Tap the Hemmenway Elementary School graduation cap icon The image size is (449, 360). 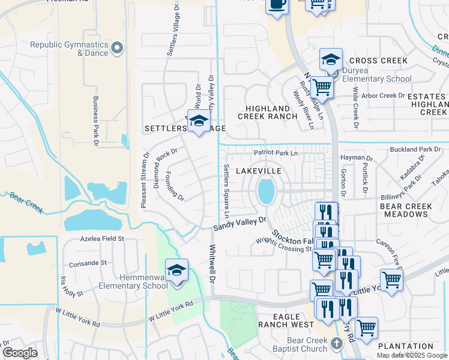click(x=176, y=271)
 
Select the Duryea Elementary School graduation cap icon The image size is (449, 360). click(x=331, y=60)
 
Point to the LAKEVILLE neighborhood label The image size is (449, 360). click(x=259, y=171)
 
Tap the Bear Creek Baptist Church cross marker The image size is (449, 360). click(x=337, y=343)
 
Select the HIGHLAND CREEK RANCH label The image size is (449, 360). click(x=268, y=112)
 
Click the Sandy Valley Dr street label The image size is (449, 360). click(x=240, y=224)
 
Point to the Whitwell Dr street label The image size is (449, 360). click(x=212, y=263)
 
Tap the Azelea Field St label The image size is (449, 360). click(x=102, y=238)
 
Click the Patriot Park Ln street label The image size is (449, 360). click(x=276, y=153)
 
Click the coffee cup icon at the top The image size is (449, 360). click(x=276, y=5)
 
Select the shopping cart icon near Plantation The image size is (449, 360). click(x=366, y=328)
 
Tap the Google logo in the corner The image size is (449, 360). click(x=20, y=353)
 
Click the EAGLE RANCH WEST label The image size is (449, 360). click(x=286, y=320)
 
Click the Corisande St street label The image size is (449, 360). click(x=88, y=263)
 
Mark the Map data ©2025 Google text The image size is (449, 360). click(x=412, y=355)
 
